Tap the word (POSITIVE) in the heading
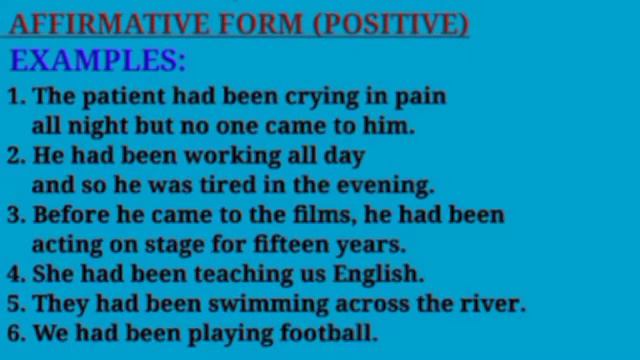pos(391,23)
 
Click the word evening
pos(390,186)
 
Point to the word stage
pos(183,244)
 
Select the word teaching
pos(228,273)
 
